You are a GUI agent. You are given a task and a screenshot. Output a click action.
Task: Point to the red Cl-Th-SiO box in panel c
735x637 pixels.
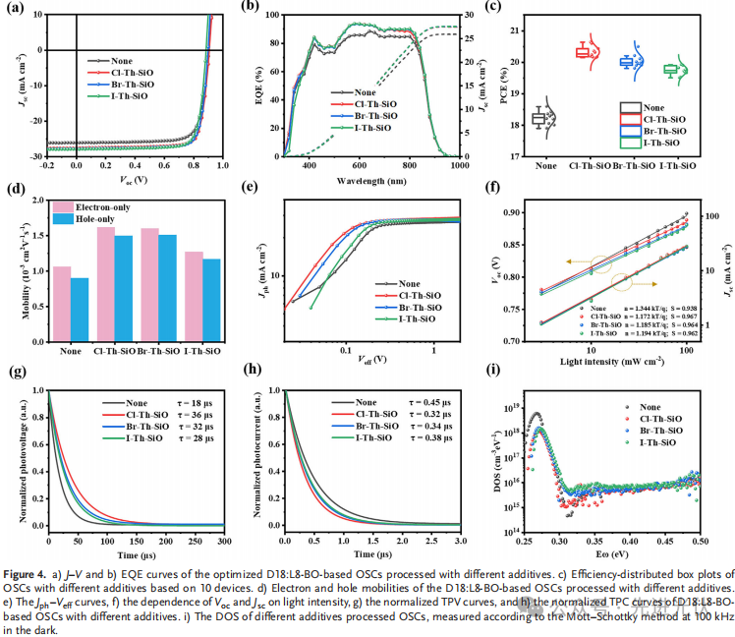tap(590, 52)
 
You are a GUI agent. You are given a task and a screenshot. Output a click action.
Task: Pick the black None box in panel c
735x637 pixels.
tap(538, 118)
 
